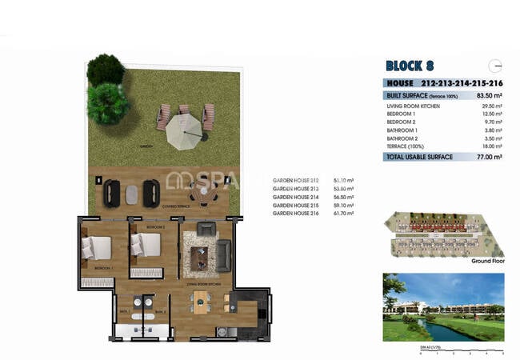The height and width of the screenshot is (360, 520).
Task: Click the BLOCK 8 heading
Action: pyautogui.click(x=410, y=66)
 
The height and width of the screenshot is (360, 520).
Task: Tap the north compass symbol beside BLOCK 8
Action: pyautogui.click(x=496, y=66)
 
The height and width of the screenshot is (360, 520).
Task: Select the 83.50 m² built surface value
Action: pyautogui.click(x=488, y=95)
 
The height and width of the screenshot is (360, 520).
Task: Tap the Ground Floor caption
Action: pyautogui.click(x=488, y=261)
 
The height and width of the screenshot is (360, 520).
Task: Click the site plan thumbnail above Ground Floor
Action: pyautogui.click(x=443, y=234)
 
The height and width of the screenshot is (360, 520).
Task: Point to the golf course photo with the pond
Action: pyautogui.click(x=443, y=306)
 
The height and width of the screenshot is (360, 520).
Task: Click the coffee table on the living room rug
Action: pyautogui.click(x=201, y=256)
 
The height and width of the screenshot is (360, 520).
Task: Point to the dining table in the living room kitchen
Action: pyautogui.click(x=200, y=302)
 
